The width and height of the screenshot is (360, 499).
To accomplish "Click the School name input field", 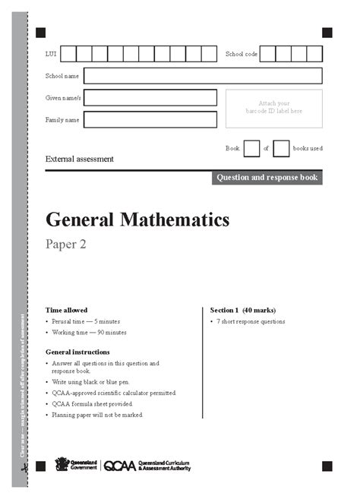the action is pos(202,76).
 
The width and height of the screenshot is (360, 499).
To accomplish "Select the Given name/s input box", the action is pos(150,98).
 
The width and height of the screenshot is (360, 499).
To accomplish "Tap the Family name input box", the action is pos(150,120).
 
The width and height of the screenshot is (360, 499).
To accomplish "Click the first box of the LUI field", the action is pos(68,54).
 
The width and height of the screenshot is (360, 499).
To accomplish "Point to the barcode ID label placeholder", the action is pos(273,107).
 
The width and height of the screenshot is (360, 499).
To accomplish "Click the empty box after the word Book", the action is pos(251,148).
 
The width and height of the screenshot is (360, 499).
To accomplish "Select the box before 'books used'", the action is pos(281,148).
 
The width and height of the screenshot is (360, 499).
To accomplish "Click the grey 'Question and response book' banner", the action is pos(267,178).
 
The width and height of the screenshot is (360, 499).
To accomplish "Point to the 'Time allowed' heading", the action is pos(66,310).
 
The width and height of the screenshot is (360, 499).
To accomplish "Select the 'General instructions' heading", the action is pos(77,352).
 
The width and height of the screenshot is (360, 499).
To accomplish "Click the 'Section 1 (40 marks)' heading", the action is pos(243,310).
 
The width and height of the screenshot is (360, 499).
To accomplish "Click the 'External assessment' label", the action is pos(80,159).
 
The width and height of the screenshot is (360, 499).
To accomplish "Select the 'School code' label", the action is pos(242,54).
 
